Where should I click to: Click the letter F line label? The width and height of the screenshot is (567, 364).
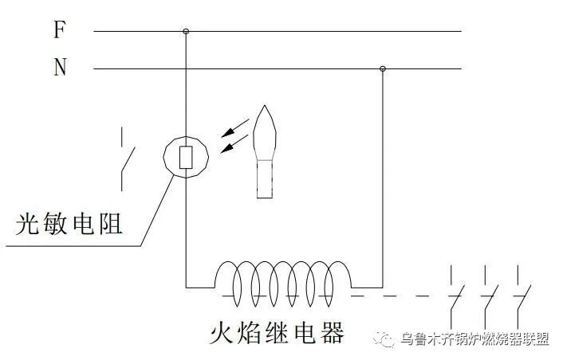(59, 30)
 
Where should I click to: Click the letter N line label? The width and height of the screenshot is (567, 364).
(60, 68)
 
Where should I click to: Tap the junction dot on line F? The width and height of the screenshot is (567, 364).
(186, 32)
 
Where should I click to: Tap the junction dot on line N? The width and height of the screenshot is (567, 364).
(383, 69)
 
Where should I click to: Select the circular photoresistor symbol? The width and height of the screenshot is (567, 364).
(186, 155)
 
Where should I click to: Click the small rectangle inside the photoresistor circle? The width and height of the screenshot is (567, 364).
(186, 157)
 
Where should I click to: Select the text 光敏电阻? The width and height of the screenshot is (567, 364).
(70, 224)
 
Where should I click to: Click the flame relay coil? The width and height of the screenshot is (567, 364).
(283, 280)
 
